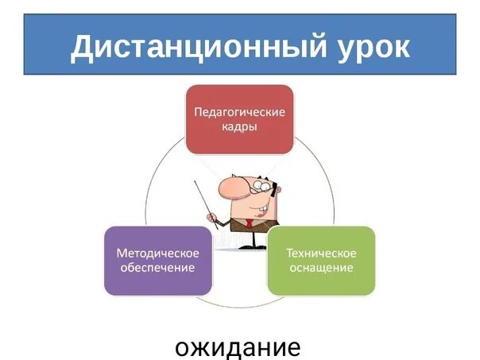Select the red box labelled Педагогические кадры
[239, 119]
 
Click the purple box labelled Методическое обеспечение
[158, 261]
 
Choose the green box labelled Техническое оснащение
[321, 261]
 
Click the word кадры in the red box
[239, 127]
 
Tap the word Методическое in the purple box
[158, 253]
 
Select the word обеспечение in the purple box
[158, 268]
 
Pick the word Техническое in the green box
[321, 253]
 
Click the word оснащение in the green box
[321, 268]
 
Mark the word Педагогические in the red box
[239, 111]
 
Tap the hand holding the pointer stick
[213, 217]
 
